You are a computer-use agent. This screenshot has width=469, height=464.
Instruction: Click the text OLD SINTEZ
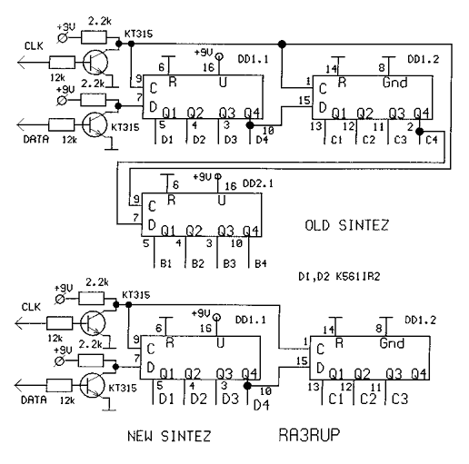[x=346, y=225]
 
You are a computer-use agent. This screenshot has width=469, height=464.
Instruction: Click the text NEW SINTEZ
[x=169, y=436]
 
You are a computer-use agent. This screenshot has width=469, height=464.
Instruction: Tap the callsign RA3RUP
[x=309, y=435]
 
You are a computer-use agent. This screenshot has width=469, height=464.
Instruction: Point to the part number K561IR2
[x=357, y=276]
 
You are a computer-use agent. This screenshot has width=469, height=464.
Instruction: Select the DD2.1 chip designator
[x=257, y=183]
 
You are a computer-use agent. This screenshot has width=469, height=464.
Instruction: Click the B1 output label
[x=165, y=263]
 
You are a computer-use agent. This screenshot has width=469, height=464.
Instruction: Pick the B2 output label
[x=198, y=263]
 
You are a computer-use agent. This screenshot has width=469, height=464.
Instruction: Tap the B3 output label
[x=229, y=263]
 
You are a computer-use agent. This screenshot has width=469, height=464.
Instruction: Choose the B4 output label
[x=261, y=263]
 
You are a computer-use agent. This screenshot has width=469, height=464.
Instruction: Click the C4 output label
[x=432, y=140]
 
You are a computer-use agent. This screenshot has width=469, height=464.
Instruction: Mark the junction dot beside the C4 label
[x=419, y=132]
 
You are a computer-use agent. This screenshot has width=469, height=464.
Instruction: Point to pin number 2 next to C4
[x=410, y=127]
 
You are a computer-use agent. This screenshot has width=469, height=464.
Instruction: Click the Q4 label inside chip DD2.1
[x=251, y=232]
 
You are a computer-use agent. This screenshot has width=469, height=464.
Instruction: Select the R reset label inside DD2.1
[x=172, y=200]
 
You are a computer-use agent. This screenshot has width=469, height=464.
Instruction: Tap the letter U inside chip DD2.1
[x=222, y=201]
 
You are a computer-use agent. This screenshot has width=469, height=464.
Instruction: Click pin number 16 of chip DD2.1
[x=231, y=186]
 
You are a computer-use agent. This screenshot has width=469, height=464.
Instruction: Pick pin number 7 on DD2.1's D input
[x=135, y=218]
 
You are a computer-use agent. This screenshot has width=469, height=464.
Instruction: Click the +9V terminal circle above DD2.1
[x=217, y=176]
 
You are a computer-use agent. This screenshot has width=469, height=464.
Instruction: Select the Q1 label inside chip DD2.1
[x=168, y=232]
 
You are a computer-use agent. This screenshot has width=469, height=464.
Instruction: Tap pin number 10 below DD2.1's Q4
[x=236, y=243]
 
